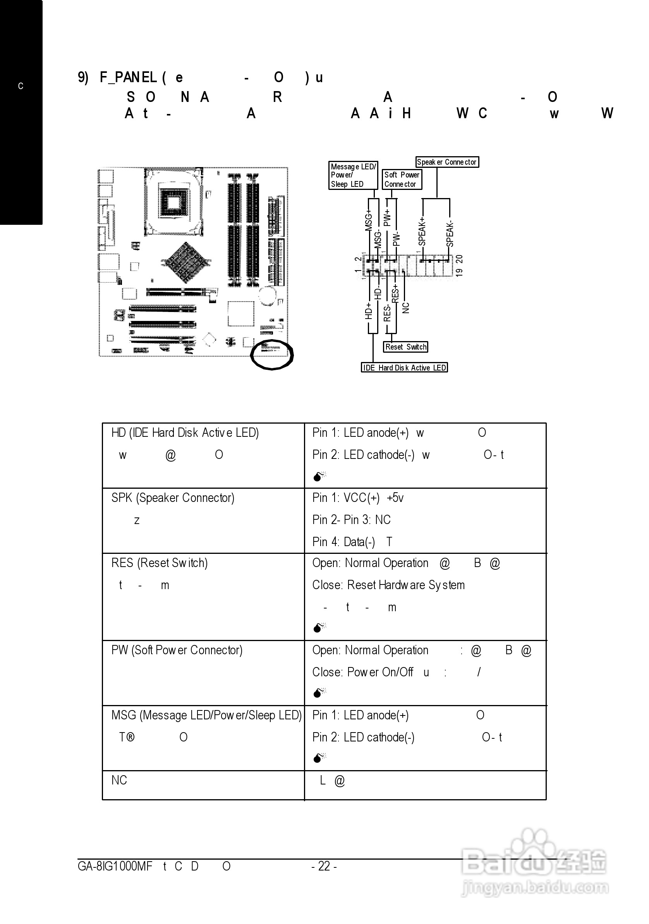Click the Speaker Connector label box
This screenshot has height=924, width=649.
point(447,162)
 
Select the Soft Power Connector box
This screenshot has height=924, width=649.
point(402,179)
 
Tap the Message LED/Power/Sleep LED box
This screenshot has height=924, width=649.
point(353,176)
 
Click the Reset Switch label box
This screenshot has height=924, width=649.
point(405,347)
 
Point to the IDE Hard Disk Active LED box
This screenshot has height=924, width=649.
point(404,367)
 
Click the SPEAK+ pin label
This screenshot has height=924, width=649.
point(422,231)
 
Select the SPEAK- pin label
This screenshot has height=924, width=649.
point(450,233)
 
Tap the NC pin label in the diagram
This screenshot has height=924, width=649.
point(406,308)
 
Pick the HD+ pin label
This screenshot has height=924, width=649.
point(368,312)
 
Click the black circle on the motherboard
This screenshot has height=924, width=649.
point(272,355)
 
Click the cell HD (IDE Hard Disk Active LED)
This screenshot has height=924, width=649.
point(185,433)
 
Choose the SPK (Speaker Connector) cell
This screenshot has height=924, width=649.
point(173,498)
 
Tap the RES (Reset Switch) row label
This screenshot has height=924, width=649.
point(160,563)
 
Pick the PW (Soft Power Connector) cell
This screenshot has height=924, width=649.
point(177,650)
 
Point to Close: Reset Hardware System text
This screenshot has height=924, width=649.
point(388,585)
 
